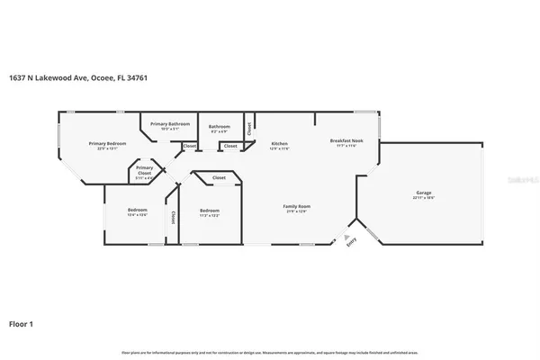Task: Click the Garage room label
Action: click(x=423, y=193)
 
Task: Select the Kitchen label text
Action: click(x=279, y=143)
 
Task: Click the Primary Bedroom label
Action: click(x=107, y=143)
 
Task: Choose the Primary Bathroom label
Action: click(x=170, y=123)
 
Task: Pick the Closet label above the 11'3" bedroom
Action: click(x=219, y=178)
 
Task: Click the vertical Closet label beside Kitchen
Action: click(x=250, y=127)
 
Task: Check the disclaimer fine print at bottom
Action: click(x=270, y=352)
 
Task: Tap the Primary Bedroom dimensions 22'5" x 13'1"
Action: click(x=107, y=148)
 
